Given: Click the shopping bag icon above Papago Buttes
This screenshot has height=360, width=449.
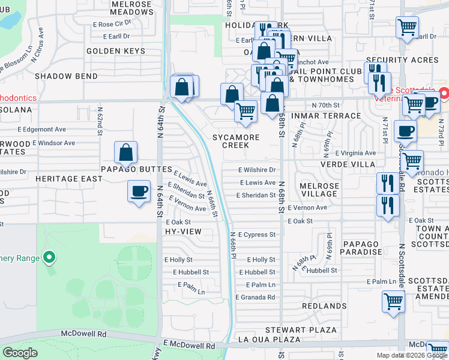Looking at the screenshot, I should pyautogui.click(x=126, y=153).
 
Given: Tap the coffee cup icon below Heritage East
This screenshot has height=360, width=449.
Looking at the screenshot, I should pyautogui.click(x=139, y=191).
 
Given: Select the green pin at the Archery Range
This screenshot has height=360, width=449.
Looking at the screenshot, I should pyautogui.click(x=49, y=259).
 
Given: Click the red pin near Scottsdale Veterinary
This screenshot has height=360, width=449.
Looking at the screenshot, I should pyautogui.click(x=444, y=94).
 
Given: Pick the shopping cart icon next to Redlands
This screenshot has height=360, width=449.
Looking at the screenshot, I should pyautogui.click(x=394, y=301).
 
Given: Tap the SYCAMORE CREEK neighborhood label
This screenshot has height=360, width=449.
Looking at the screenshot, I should pyautogui.click(x=236, y=142).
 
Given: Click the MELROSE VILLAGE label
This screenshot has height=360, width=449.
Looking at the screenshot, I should pyautogui.click(x=319, y=190).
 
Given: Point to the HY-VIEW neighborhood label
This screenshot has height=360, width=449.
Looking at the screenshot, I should pyautogui.click(x=182, y=231).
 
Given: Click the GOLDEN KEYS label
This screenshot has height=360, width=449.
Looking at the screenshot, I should pyautogui.click(x=116, y=51).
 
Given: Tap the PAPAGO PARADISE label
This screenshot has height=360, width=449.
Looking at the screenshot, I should pyautogui.click(x=362, y=248).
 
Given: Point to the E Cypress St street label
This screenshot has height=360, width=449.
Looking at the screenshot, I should pyautogui.click(x=257, y=235).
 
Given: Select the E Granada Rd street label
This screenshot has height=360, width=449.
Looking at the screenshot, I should pyautogui.click(x=255, y=297).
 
